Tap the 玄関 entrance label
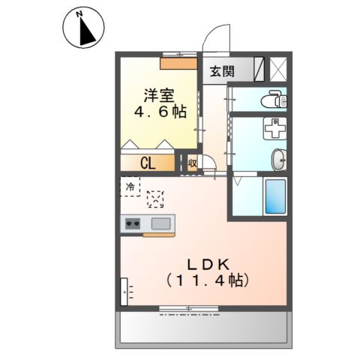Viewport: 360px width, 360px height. coord(221,72)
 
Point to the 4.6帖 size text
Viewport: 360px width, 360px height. coord(160,114)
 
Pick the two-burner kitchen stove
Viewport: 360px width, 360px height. coord(133,223)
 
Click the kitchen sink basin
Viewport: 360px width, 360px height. coord(160,223)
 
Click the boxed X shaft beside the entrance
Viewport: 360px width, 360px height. coord(277,70)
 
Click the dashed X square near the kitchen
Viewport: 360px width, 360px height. coord(155,199)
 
